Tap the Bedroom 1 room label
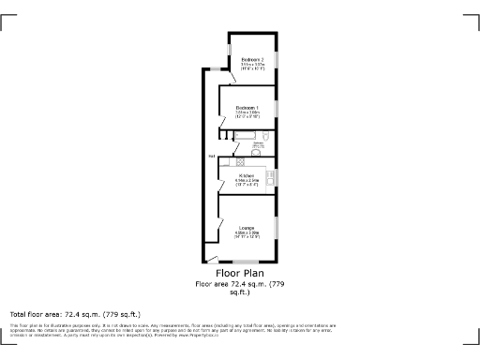click(x=247, y=108)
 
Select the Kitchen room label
click(x=247, y=175)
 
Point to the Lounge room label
click(x=247, y=228)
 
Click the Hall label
click(x=213, y=156)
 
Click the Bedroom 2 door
click(x=228, y=76)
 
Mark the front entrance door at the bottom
click(x=213, y=258)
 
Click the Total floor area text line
click(x=75, y=313)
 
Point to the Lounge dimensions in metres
click(x=247, y=232)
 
